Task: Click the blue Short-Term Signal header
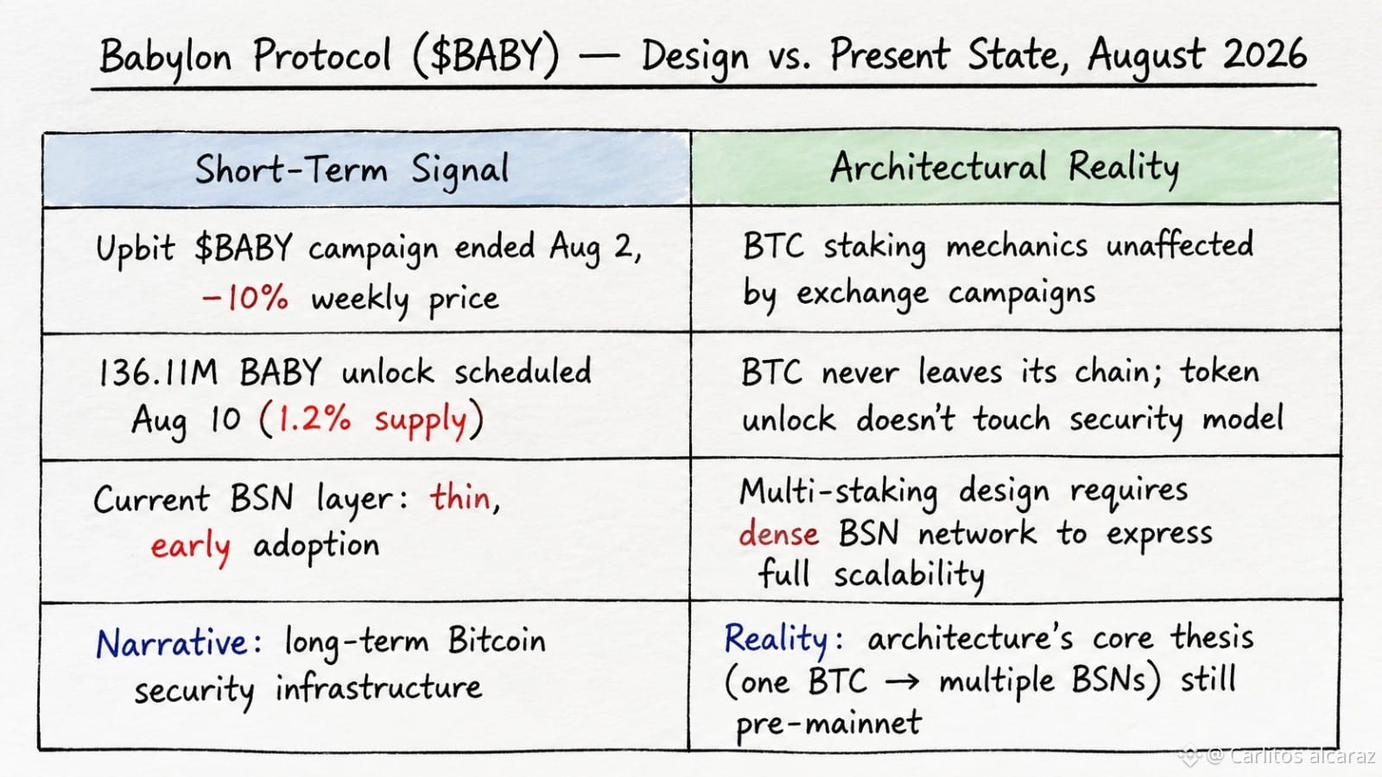[366, 169]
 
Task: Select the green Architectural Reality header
[1015, 167]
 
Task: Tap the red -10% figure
[245, 299]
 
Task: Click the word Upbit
[135, 250]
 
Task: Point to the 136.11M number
[159, 372]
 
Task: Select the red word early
[190, 546]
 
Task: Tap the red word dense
[778, 534]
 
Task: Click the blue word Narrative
[173, 642]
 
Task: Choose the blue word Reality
[776, 638]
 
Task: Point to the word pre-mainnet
[828, 722]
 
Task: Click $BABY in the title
[486, 55]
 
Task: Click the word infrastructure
[378, 687]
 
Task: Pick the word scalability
[909, 576]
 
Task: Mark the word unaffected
[1180, 245]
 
